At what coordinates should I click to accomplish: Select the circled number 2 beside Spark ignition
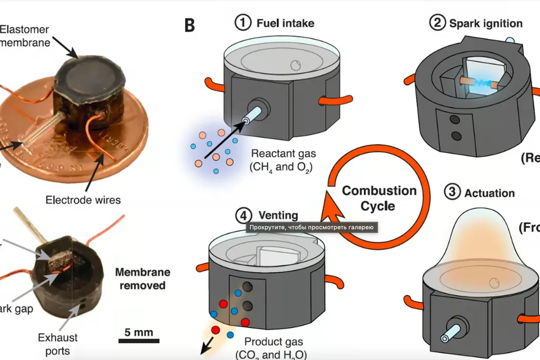point(438,23)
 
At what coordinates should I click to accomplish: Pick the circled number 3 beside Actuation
point(452,192)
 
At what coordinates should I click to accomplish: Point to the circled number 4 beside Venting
point(242,215)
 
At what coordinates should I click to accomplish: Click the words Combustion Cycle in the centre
point(379,197)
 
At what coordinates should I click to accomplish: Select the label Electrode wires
point(83,200)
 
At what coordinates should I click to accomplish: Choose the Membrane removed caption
point(143,278)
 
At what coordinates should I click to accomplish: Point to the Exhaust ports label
point(58,344)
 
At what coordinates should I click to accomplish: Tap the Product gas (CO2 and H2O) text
point(271,348)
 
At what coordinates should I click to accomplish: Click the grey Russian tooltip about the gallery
point(311,228)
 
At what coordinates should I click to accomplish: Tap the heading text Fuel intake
point(285,23)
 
